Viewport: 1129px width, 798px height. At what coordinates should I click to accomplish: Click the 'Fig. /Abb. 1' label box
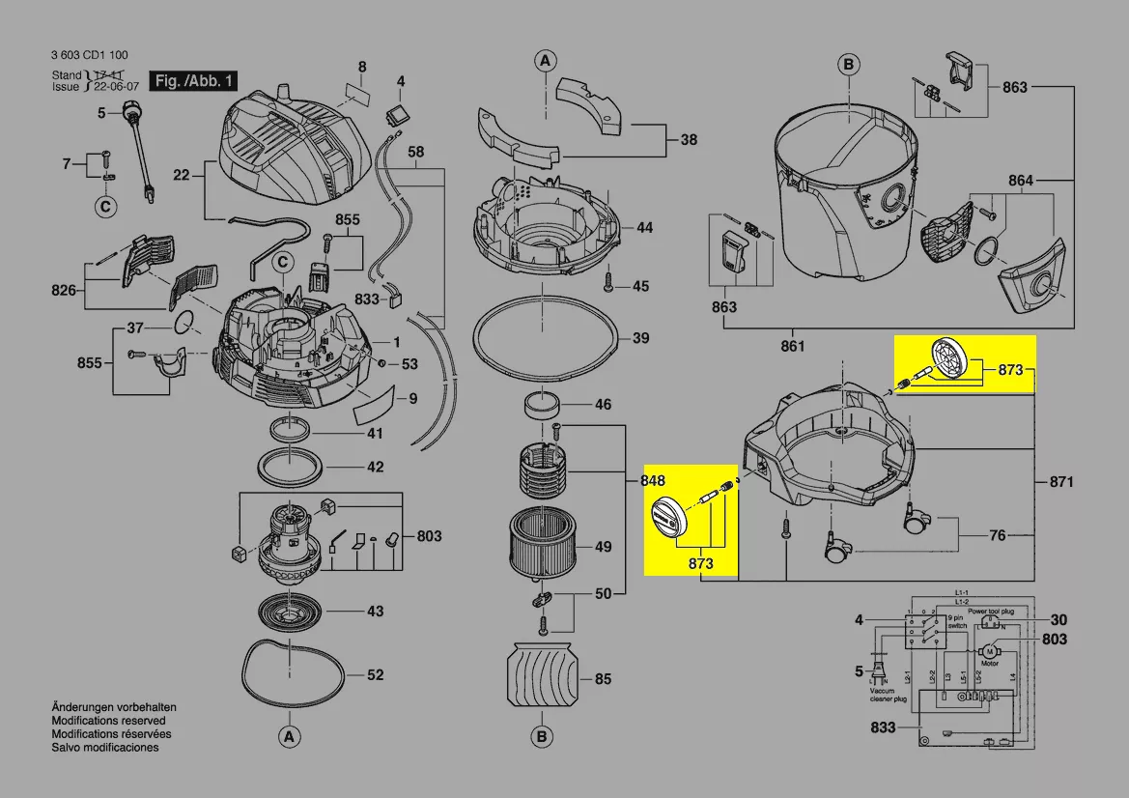[192, 81]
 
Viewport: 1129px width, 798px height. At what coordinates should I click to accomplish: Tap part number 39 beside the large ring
[640, 339]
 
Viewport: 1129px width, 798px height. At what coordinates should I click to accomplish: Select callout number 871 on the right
[1059, 481]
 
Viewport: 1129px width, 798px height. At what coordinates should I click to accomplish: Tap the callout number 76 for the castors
[997, 535]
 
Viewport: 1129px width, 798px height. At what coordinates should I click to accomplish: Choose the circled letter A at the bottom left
[287, 737]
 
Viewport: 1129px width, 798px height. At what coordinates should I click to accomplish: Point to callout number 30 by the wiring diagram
[1058, 620]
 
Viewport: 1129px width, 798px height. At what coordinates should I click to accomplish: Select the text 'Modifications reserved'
[108, 721]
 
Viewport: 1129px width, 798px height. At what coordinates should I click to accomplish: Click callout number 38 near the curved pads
[688, 140]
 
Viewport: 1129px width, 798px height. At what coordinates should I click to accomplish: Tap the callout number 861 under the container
[792, 346]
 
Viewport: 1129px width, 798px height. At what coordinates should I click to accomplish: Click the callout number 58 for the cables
[415, 152]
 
